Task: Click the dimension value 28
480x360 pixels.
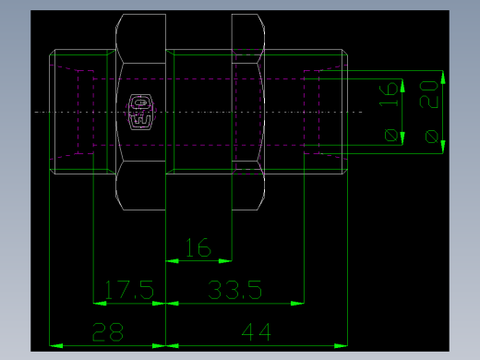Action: (109, 332)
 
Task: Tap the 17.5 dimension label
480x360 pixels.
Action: (128, 291)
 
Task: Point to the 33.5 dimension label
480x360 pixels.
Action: (234, 291)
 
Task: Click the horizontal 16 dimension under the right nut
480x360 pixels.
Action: (198, 248)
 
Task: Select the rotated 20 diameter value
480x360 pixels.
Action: (429, 94)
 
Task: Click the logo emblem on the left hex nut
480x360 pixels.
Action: (140, 112)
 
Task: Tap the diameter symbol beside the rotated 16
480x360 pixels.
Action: (392, 137)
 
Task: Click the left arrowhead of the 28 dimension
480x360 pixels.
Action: (55, 345)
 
